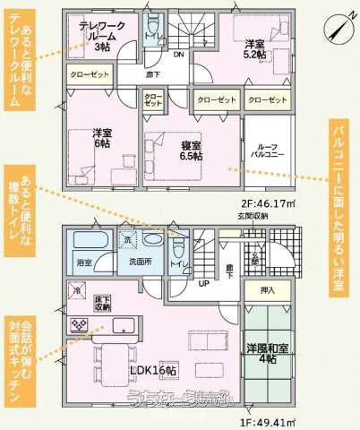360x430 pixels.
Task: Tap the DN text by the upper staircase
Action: [177, 56]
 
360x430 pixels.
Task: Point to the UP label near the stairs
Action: [204, 284]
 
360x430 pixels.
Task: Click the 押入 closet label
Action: [267, 290]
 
